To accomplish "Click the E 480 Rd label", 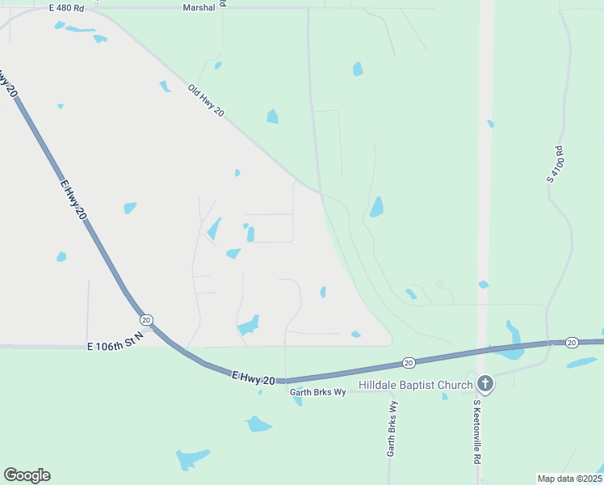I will coord(66,7).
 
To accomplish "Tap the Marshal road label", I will coord(199,7).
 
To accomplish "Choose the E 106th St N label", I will coord(115,340).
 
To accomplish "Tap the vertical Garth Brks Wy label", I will coord(391,429).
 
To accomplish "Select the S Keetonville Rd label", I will coord(478,431).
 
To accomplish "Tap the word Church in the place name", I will coord(455,385).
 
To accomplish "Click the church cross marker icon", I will coord(484,384).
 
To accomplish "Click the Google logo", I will coord(27,475).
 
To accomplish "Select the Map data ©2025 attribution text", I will coord(569,479).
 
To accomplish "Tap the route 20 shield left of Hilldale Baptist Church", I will coord(409,363).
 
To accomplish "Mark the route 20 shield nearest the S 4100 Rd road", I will coord(571,343).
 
